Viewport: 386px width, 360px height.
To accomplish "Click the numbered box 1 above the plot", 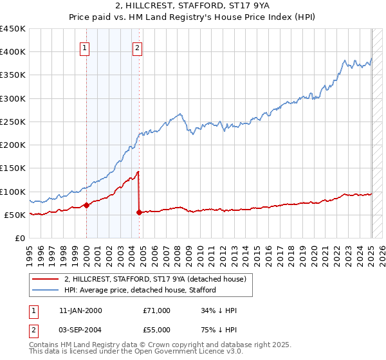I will click(x=86, y=47).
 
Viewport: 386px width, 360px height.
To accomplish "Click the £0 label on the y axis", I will click(x=20, y=238).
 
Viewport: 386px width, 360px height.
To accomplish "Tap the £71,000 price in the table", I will click(x=156, y=310).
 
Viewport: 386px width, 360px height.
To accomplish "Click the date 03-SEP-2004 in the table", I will click(x=78, y=328).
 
